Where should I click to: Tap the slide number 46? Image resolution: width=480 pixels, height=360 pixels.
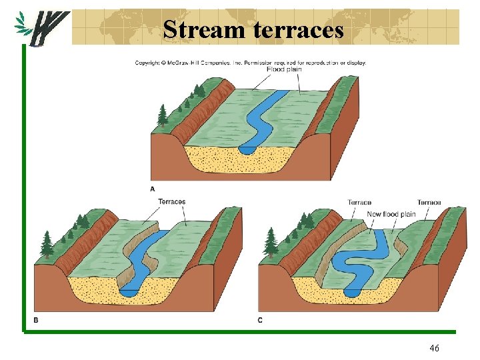click(434, 348)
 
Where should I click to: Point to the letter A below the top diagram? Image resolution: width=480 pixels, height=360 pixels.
click(152, 189)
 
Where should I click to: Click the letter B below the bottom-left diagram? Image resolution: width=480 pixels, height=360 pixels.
click(35, 320)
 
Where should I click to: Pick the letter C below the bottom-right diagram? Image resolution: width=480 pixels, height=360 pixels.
click(260, 320)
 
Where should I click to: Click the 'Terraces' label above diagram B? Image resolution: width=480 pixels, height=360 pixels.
click(172, 201)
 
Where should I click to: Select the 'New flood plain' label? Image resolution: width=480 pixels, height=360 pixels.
click(391, 214)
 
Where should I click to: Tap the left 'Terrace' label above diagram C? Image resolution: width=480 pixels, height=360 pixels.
click(359, 202)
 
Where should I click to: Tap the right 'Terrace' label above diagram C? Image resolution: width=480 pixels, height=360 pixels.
click(429, 202)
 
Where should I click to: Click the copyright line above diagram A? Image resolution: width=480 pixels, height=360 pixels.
click(250, 63)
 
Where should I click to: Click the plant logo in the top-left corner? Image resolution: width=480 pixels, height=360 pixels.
click(41, 27)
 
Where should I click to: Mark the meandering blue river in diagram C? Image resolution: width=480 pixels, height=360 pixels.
click(360, 260)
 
